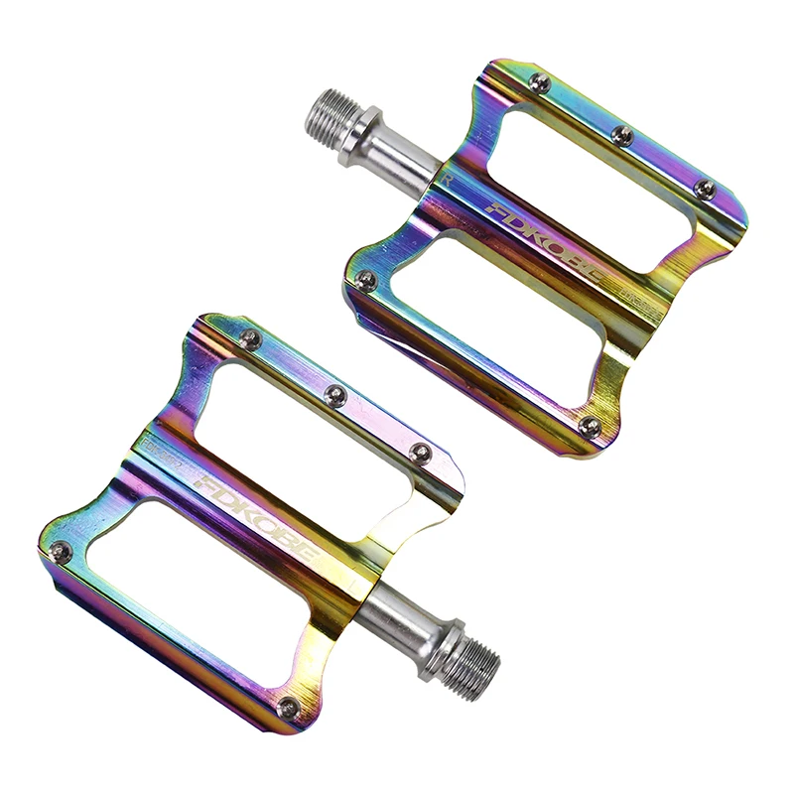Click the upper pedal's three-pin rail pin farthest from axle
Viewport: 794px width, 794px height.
[705, 188]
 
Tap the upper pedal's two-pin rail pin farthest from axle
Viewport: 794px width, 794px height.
[589, 427]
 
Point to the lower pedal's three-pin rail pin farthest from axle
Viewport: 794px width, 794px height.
[252, 340]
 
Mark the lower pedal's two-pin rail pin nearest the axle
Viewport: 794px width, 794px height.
[288, 708]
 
